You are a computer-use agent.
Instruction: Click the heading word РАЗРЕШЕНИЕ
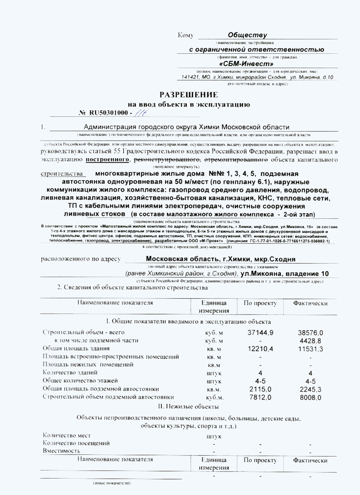coord(189,94)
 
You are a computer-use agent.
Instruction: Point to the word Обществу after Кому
coord(248,35)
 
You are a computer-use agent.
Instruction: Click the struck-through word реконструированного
coord(167,159)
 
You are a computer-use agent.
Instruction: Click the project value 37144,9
coord(260,332)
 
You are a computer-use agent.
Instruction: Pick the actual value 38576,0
coord(311,332)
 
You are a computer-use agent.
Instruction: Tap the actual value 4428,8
coord(312,341)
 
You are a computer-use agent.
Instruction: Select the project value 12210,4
coord(260,349)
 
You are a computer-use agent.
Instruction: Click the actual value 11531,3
coord(311,349)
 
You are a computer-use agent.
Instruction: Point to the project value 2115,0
coord(260,389)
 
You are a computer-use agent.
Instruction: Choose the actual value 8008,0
coord(311,397)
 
